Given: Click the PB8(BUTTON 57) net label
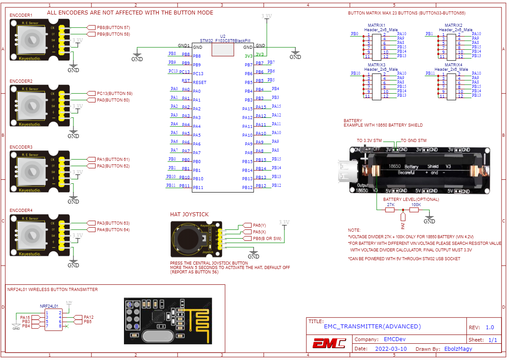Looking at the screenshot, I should (113, 27).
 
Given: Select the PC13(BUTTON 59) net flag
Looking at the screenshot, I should (114, 93).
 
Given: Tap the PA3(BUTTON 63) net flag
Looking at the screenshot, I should (113, 223).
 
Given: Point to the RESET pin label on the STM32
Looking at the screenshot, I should (200, 82).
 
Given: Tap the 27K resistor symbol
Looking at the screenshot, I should (390, 210).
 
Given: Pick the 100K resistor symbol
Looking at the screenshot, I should (414, 210).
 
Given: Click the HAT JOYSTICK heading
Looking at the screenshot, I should (189, 215).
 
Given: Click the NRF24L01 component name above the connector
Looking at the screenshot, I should (49, 306).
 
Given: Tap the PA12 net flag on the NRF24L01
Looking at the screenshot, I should (88, 317).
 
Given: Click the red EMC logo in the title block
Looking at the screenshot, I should (329, 343).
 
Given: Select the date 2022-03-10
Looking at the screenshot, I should (391, 349).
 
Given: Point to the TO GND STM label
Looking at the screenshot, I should (414, 141).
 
